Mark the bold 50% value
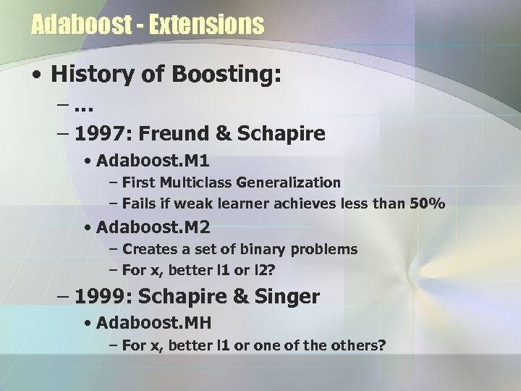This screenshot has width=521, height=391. click(428, 205)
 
